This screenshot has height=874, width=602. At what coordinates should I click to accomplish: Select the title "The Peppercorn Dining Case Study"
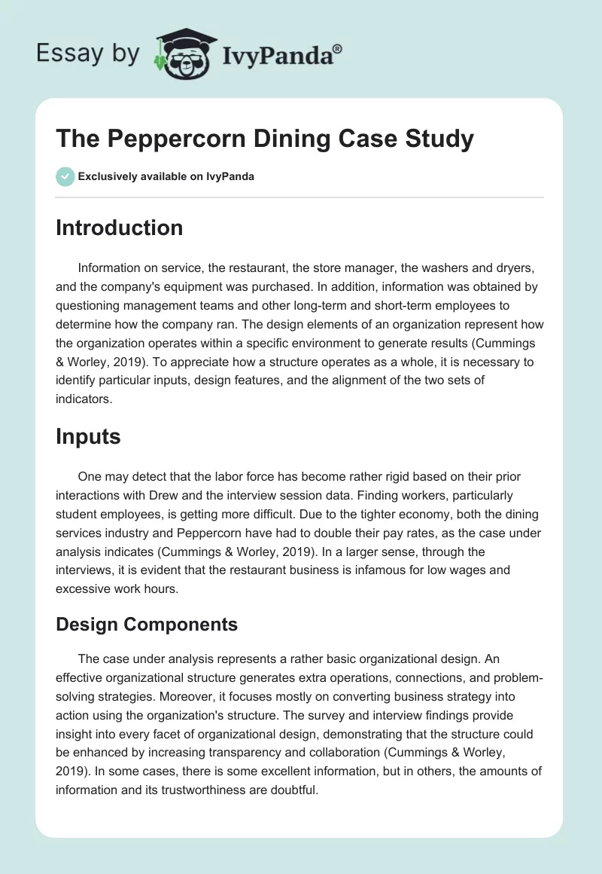point(264,139)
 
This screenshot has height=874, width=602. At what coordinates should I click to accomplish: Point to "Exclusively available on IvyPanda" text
point(166,176)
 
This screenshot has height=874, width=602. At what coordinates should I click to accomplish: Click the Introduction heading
point(119,228)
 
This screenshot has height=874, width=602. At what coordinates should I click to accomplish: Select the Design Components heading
point(147,624)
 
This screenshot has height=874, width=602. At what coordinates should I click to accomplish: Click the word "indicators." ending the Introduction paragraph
point(84,399)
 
